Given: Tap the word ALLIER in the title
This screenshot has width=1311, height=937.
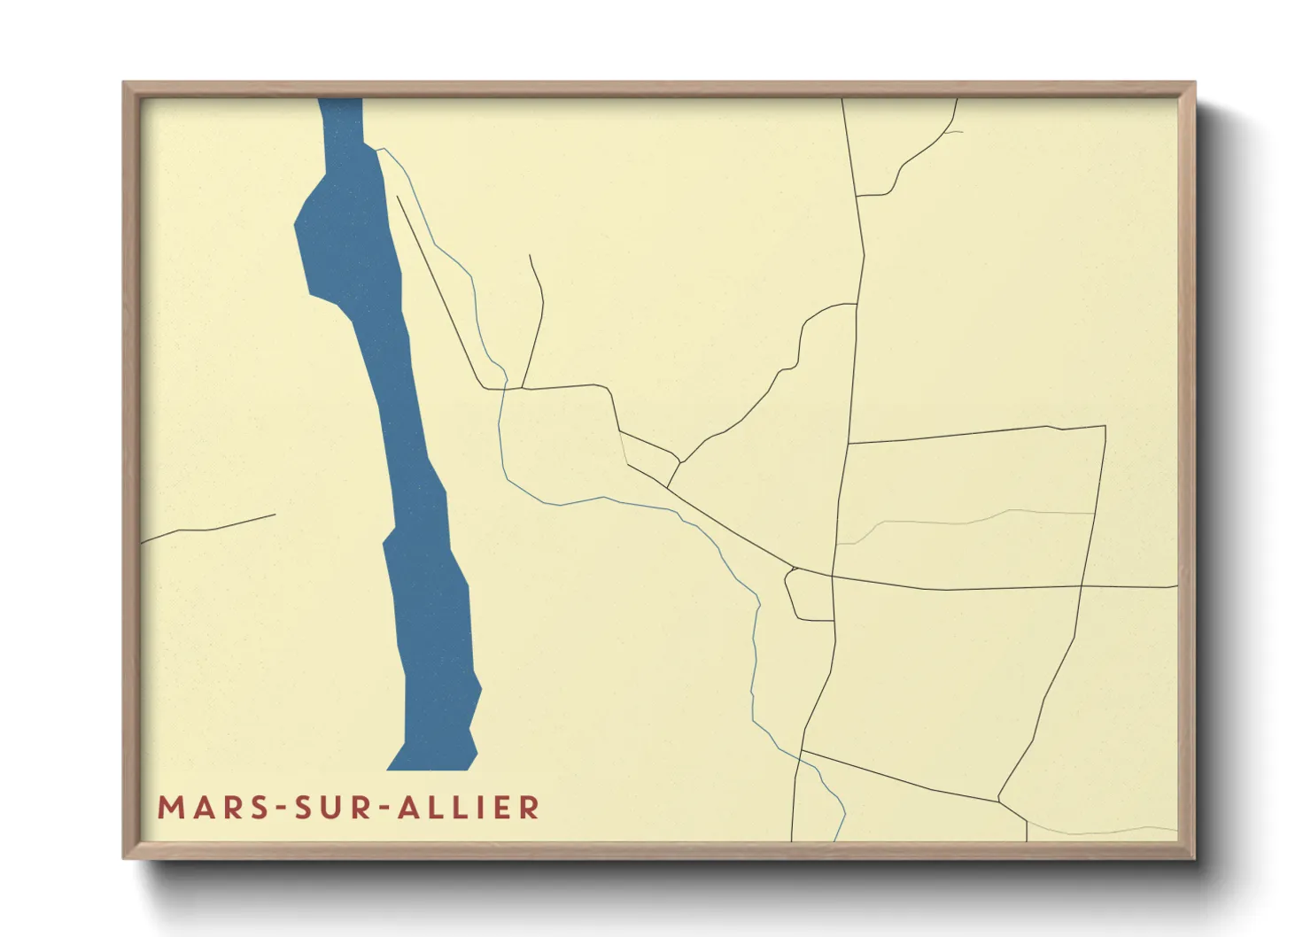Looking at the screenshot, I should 469,808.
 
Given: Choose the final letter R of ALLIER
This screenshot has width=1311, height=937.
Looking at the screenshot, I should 531,808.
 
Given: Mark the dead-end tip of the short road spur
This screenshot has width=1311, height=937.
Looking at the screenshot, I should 530,255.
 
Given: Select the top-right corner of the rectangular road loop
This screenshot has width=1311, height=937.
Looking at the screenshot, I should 1105,426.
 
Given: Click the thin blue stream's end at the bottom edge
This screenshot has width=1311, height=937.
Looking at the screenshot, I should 837,840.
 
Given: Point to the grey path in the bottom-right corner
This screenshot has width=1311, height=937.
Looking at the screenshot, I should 1107,831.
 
